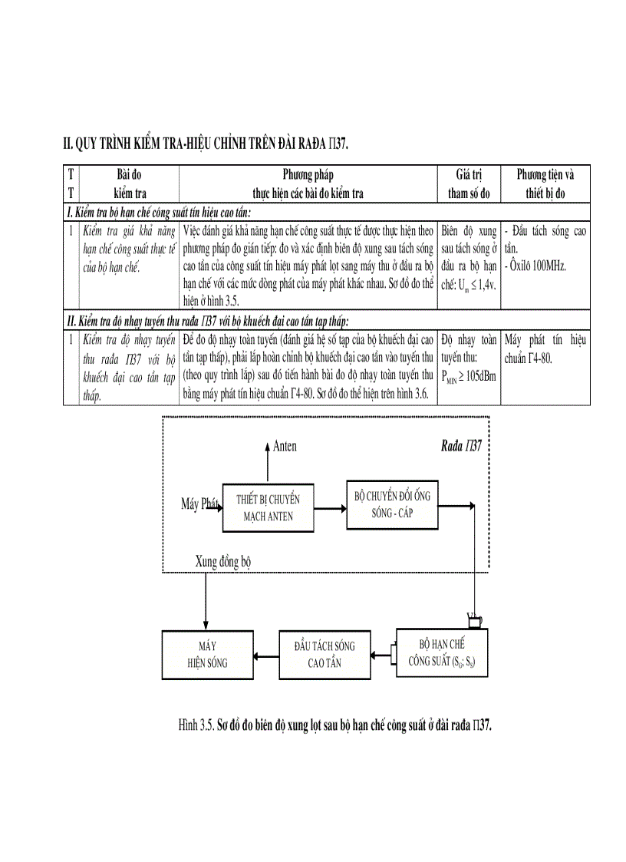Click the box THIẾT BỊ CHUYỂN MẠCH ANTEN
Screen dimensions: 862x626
click(268, 507)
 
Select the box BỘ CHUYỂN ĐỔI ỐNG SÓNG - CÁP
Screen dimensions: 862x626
click(392, 504)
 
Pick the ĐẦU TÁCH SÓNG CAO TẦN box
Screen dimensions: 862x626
click(325, 654)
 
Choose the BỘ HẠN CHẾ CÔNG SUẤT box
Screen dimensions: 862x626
click(441, 652)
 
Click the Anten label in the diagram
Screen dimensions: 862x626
click(285, 446)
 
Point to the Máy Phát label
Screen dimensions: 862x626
click(200, 504)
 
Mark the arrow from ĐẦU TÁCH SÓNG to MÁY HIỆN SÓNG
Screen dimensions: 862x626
click(265, 655)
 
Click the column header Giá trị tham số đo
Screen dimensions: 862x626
click(469, 183)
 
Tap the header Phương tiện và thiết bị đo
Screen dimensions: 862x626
click(545, 183)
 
